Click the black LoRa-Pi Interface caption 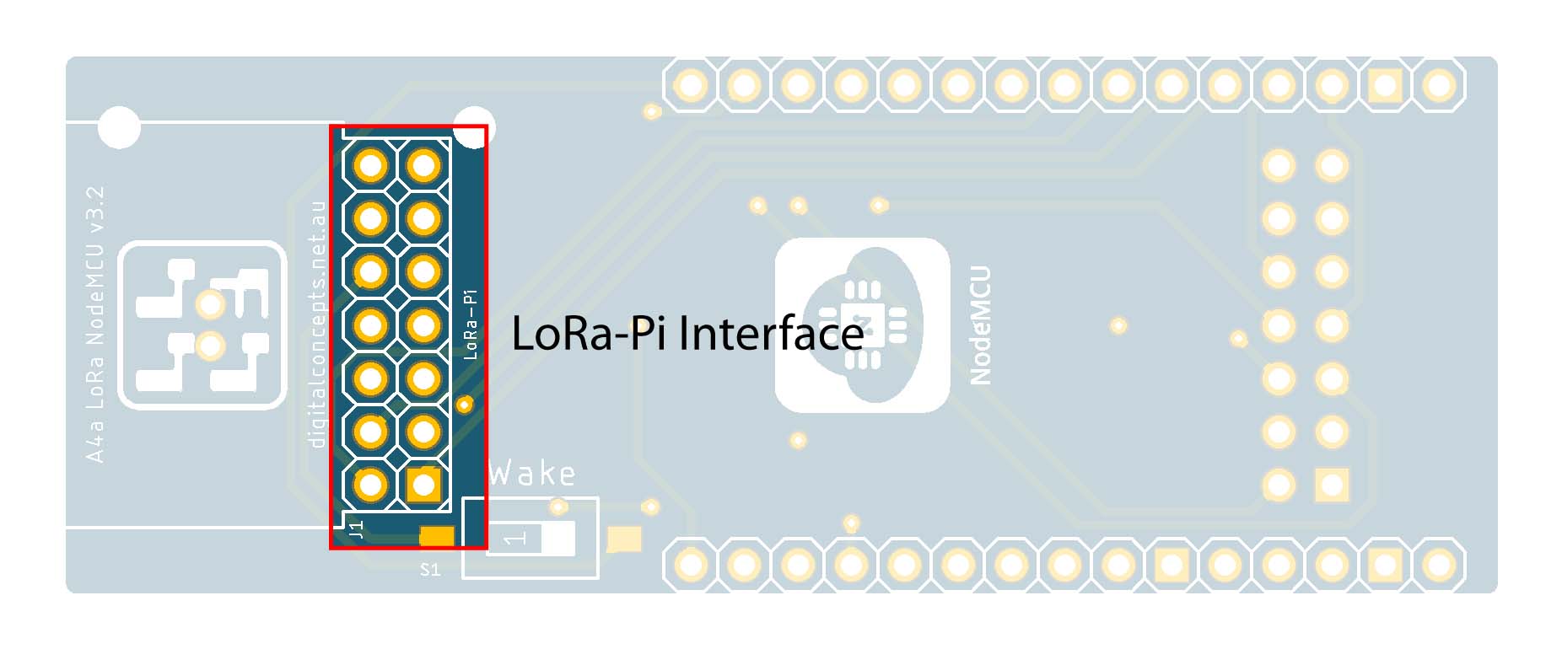tap(687, 333)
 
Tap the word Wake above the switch tap(532, 474)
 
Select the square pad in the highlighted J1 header tap(423, 485)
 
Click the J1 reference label tap(356, 530)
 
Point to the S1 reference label tap(430, 570)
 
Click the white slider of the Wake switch tap(552, 538)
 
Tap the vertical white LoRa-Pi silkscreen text tap(471, 324)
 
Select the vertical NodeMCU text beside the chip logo tap(980, 325)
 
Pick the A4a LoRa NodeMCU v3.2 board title tap(95, 324)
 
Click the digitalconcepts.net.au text tap(317, 324)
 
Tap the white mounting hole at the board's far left tap(119, 128)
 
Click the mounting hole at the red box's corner tap(474, 127)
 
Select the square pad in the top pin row tap(1386, 85)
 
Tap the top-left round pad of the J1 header tap(370, 165)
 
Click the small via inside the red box tap(464, 405)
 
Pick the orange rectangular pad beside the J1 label tap(437, 536)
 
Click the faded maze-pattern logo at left tap(202, 325)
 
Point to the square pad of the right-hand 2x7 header tap(1332, 485)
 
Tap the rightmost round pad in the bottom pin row tap(1439, 565)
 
